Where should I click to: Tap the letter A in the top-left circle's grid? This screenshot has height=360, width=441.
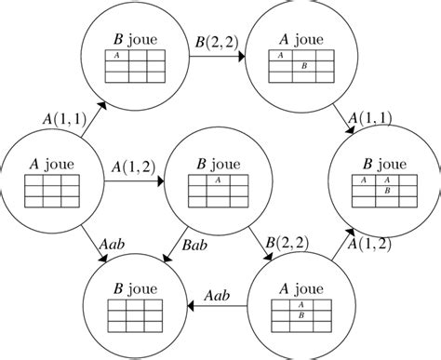coord(116,55)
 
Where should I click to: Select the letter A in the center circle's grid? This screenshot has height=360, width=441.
coord(216,181)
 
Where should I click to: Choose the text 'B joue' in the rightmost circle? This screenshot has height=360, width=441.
coord(382,158)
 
